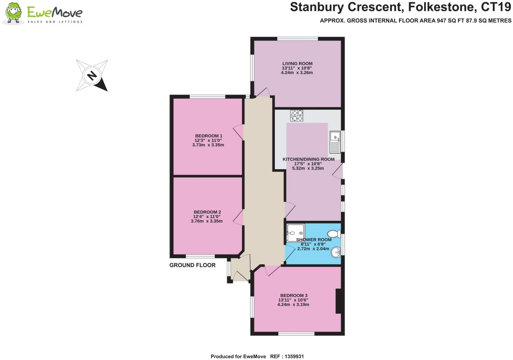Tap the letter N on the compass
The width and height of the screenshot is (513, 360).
(x=92, y=75)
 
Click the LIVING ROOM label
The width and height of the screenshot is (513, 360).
(x=297, y=63)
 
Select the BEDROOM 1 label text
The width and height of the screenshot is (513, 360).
(x=208, y=136)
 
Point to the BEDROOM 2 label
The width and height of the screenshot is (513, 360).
(x=207, y=212)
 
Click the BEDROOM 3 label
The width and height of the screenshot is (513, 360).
(x=294, y=296)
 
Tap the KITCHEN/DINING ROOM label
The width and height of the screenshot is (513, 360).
(x=308, y=159)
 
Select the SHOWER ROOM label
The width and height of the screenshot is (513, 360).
(x=314, y=240)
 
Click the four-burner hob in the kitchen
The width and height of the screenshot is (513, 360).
(x=297, y=116)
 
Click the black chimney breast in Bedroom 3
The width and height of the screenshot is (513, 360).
(x=338, y=301)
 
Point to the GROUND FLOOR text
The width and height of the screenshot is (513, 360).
(x=192, y=265)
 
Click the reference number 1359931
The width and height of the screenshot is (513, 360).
(x=292, y=356)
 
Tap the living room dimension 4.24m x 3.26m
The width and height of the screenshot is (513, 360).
(x=297, y=73)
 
